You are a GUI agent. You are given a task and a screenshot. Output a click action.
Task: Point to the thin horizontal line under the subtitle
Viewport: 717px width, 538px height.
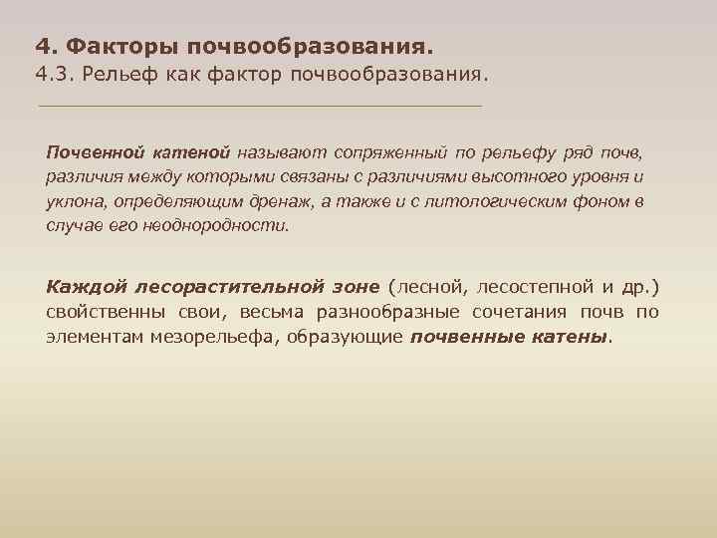[x=259, y=106]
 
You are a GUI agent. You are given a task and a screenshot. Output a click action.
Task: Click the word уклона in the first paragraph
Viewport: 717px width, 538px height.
[x=72, y=201]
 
